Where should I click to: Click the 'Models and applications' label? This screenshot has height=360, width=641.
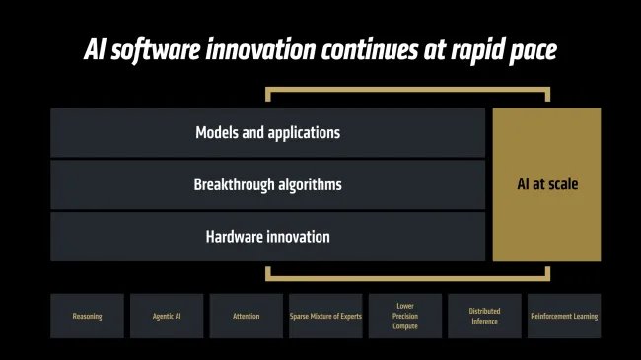click(x=267, y=132)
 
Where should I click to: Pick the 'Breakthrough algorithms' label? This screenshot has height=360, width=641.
click(x=267, y=184)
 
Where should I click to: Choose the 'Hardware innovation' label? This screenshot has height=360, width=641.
click(x=267, y=237)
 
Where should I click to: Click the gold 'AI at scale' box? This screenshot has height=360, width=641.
click(x=546, y=184)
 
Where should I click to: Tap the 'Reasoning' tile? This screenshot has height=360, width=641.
click(x=87, y=317)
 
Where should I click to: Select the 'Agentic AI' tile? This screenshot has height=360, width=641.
click(x=167, y=317)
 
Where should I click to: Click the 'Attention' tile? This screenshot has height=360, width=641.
click(x=247, y=317)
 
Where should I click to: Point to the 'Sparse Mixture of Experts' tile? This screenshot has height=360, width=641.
click(x=325, y=317)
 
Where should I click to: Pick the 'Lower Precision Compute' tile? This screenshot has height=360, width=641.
click(x=405, y=317)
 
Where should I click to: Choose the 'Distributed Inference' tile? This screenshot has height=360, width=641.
click(x=485, y=317)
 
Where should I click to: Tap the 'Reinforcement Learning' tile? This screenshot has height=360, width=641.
click(x=564, y=317)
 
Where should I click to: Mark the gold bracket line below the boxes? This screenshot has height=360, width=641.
click(x=407, y=279)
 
